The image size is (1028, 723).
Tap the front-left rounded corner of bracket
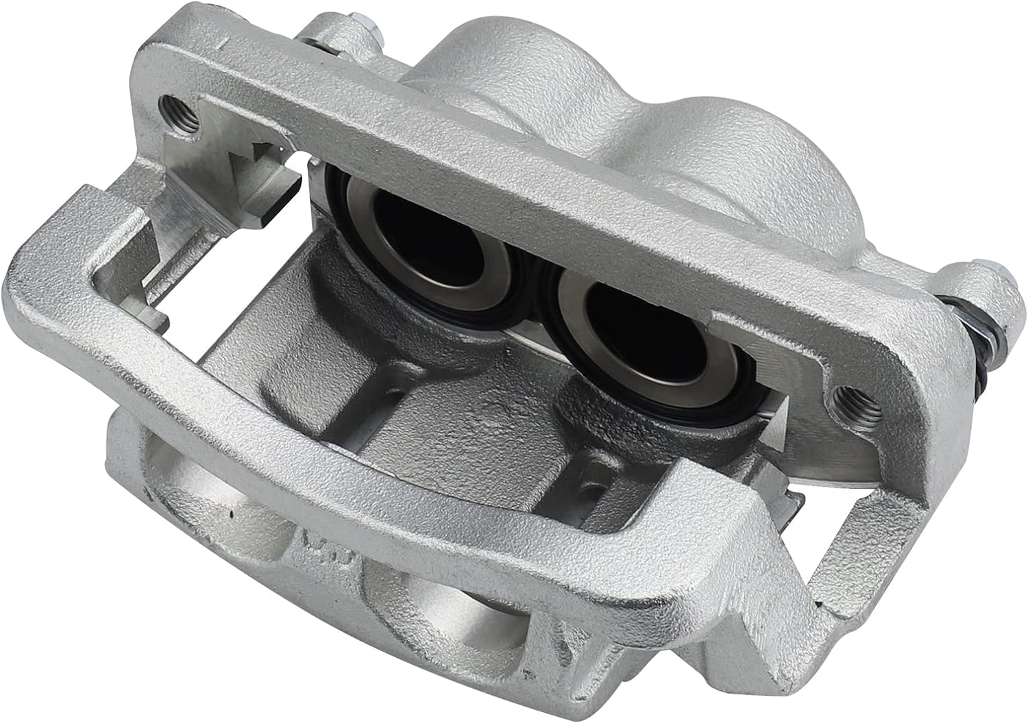(41, 288)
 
